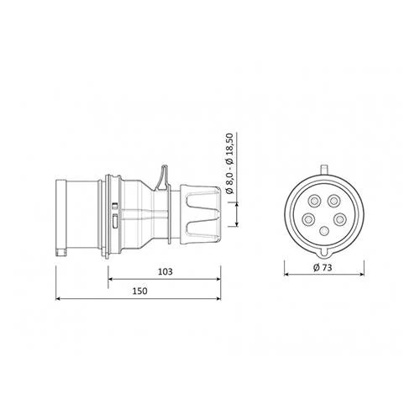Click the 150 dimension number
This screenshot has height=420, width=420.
pos(140,291)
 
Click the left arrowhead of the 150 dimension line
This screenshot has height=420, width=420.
pos(58,298)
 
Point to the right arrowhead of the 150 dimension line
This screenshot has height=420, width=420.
pos(218,298)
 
